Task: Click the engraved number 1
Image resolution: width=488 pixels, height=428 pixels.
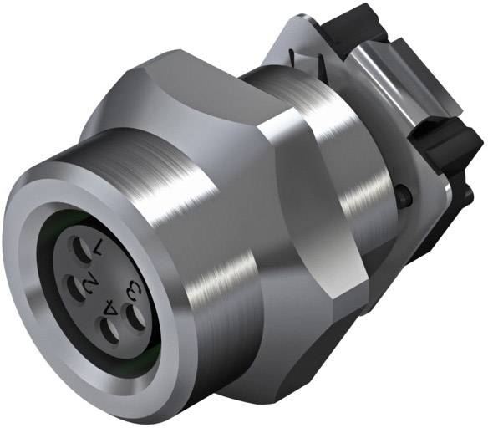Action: [99, 247]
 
